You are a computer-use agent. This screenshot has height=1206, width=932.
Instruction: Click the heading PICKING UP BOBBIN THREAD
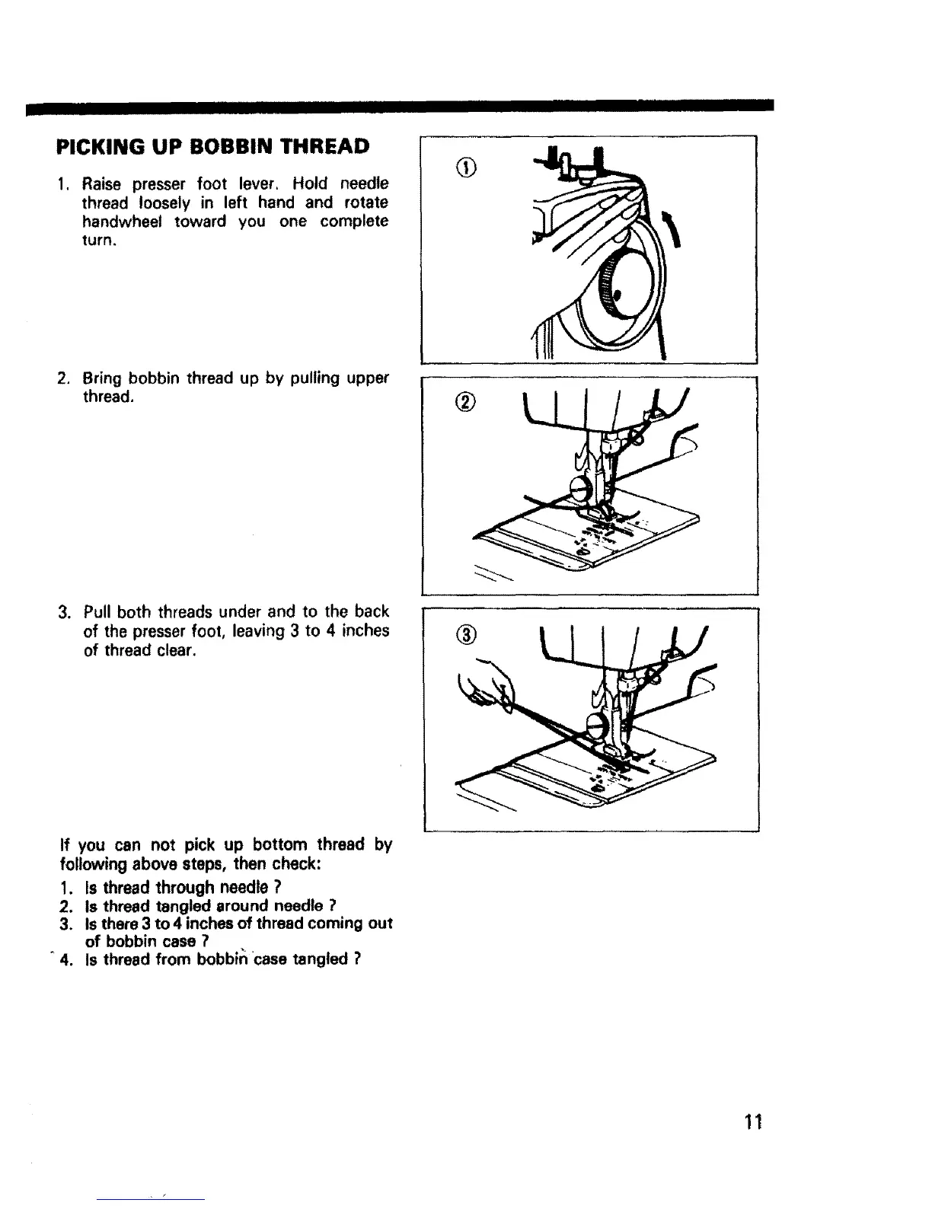pos(214,146)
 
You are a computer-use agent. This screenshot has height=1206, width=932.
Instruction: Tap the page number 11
pos(753,1121)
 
